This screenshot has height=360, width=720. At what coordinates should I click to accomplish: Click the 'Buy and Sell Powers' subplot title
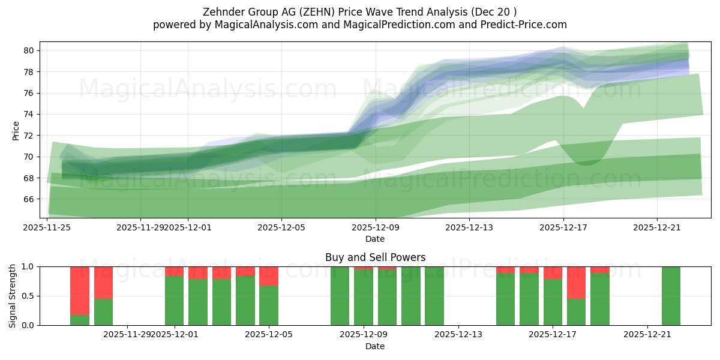pos(375,257)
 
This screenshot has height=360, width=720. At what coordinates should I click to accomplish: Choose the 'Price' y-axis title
pos(16,130)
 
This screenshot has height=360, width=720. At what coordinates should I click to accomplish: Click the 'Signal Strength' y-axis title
pos(13,296)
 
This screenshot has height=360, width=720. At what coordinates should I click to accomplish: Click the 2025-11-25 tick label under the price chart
pos(47,227)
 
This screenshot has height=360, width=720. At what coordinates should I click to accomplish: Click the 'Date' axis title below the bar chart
pos(375,346)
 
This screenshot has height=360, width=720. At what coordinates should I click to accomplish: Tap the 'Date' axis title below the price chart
pos(375,239)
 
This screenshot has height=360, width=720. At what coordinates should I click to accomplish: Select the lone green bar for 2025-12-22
pos(671,296)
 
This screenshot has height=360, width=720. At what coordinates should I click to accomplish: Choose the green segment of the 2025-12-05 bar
pos(269,305)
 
